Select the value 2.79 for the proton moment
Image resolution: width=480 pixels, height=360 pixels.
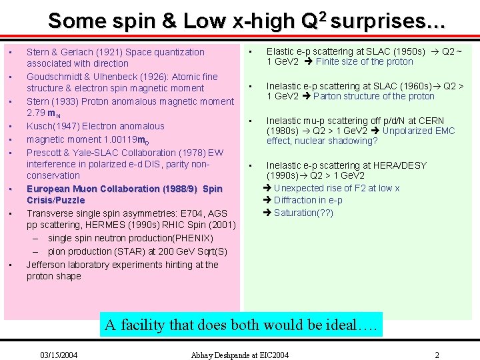pyautogui.click(x=37, y=113)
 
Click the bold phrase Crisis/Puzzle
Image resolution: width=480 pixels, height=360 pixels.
pyautogui.click(x=56, y=200)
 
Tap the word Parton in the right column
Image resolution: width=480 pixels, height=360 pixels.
pyautogui.click(x=327, y=96)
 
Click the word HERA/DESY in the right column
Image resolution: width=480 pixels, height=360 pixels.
pyautogui.click(x=402, y=165)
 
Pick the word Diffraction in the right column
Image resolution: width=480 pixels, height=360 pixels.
pyautogui.click(x=298, y=200)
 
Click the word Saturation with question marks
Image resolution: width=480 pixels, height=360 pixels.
pyautogui.click(x=298, y=213)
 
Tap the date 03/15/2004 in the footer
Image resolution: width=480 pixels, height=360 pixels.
pyautogui.click(x=59, y=355)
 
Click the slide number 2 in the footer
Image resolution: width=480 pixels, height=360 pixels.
pyautogui.click(x=437, y=355)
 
